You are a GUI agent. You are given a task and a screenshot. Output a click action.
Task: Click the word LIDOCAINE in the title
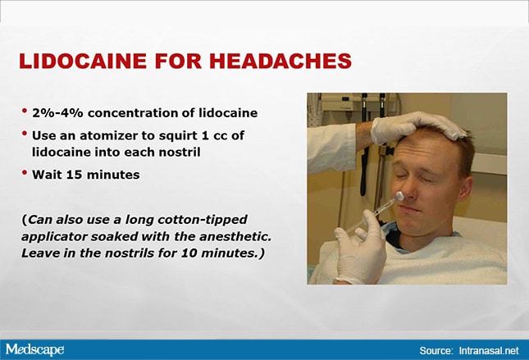click(83, 61)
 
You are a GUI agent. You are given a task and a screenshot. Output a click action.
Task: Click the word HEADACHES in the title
click(280, 61)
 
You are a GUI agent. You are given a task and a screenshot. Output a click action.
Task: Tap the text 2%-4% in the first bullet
click(57, 112)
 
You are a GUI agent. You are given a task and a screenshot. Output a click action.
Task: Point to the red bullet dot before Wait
click(25, 172)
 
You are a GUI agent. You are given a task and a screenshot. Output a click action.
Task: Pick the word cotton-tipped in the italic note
click(203, 220)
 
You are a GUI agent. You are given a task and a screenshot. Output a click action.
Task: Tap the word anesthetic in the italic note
click(235, 236)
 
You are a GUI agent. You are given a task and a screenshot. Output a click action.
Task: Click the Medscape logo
click(34, 349)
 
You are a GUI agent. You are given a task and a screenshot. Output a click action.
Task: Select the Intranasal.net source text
click(489, 350)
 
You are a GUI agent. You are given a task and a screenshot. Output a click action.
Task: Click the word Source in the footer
click(436, 350)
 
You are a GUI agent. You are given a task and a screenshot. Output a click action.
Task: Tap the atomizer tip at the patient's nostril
click(399, 196)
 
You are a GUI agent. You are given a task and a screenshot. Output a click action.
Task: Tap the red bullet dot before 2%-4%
click(25, 111)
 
